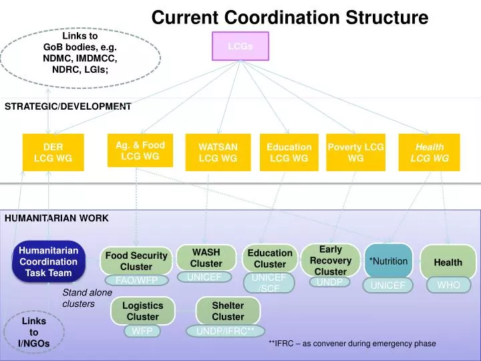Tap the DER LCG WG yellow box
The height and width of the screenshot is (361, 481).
pyautogui.click(x=53, y=152)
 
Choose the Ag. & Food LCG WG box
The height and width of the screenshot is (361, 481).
pyautogui.click(x=140, y=150)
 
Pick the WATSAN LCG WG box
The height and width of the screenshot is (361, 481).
pyautogui.click(x=218, y=152)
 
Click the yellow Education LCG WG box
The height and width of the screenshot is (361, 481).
pyautogui.click(x=289, y=152)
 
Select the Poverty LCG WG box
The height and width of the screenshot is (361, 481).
pyautogui.click(x=356, y=152)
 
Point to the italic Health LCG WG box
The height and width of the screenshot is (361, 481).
pyautogui.click(x=430, y=152)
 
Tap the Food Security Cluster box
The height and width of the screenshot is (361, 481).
pyautogui.click(x=136, y=261)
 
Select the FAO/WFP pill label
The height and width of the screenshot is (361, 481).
pyautogui.click(x=136, y=280)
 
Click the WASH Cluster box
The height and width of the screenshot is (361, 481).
pyautogui.click(x=206, y=258)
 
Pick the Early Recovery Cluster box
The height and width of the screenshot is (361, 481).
pyautogui.click(x=331, y=260)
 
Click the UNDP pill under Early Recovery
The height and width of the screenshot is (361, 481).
pyautogui.click(x=330, y=282)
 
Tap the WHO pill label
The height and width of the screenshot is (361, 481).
pyautogui.click(x=448, y=285)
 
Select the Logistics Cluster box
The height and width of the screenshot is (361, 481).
pyautogui.click(x=142, y=311)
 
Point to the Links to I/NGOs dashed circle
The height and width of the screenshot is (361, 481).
pyautogui.click(x=34, y=332)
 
